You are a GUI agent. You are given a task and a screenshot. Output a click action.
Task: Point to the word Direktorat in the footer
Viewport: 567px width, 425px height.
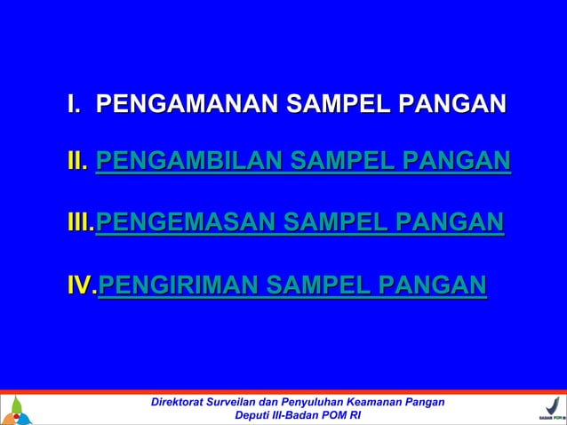(x=180, y=402)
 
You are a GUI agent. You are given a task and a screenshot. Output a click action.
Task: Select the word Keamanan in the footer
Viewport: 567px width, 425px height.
(x=377, y=402)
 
